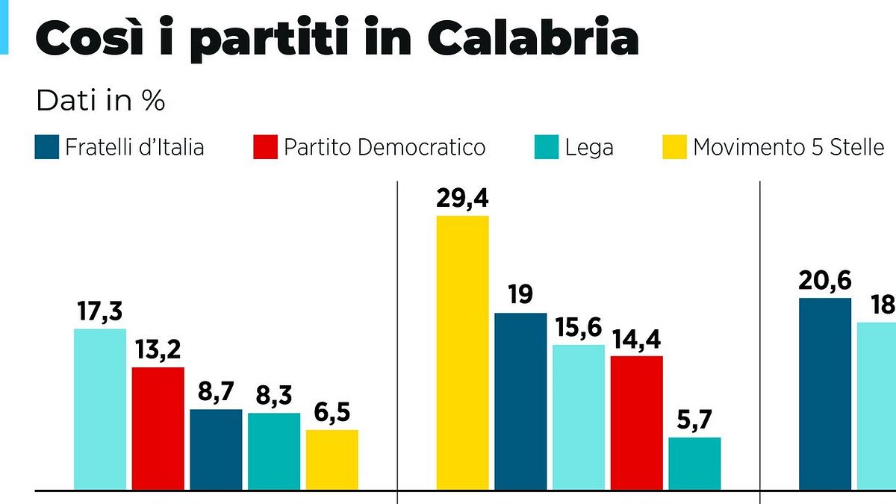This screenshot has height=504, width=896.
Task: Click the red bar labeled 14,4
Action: point(637,423)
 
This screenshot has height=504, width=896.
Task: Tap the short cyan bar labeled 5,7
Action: point(694,464)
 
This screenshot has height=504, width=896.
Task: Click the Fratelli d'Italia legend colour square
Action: point(47,147)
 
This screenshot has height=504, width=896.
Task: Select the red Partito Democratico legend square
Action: point(266,147)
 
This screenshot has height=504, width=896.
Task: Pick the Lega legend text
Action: point(589,147)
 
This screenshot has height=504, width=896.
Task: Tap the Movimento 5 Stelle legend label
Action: point(788,147)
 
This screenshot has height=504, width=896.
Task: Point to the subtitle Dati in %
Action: point(100,101)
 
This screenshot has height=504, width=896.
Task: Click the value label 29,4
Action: point(463,199)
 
